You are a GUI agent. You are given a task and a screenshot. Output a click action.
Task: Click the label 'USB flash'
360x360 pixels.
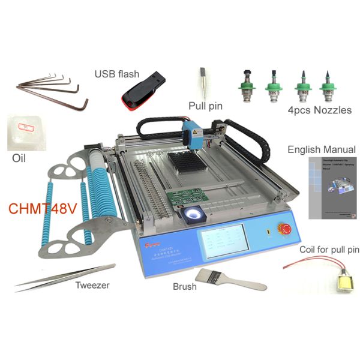(x=117, y=74)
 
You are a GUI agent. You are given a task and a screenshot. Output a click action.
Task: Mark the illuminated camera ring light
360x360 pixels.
(x=194, y=214)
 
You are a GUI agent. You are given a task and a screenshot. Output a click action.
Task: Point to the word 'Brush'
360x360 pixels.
(x=184, y=286)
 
